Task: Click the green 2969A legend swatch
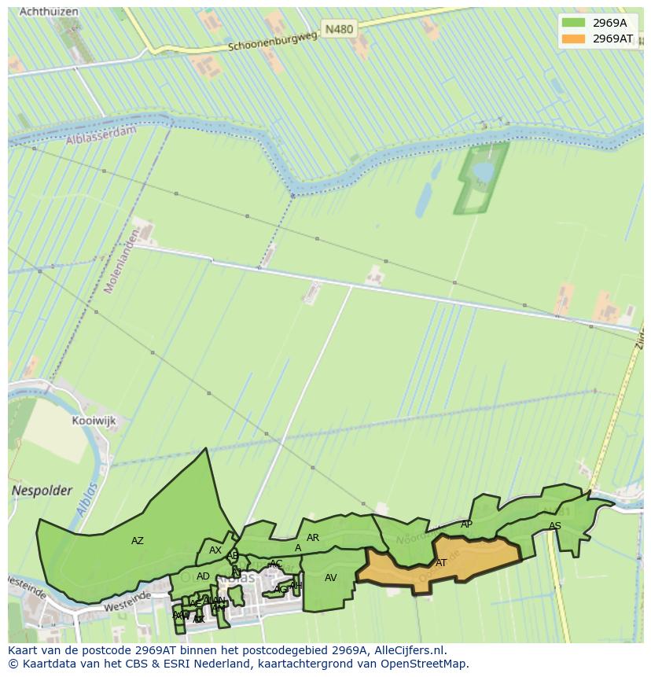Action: pyautogui.click(x=573, y=23)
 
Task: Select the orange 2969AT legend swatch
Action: pyautogui.click(x=573, y=39)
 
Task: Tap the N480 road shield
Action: pyautogui.click(x=339, y=29)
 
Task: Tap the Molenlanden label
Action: pyautogui.click(x=122, y=262)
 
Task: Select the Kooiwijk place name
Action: pyautogui.click(x=94, y=421)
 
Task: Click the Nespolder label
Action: pyautogui.click(x=42, y=491)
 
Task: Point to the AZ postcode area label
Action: pyautogui.click(x=138, y=541)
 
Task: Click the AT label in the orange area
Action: pyautogui.click(x=441, y=563)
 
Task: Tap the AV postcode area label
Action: pyautogui.click(x=331, y=578)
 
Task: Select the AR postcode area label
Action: pyautogui.click(x=313, y=538)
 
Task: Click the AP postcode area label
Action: pyautogui.click(x=466, y=524)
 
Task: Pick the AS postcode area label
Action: pyautogui.click(x=555, y=526)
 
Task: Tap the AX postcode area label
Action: pyautogui.click(x=215, y=550)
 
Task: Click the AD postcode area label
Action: pyautogui.click(x=203, y=576)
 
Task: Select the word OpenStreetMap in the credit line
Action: pyautogui.click(x=426, y=664)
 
